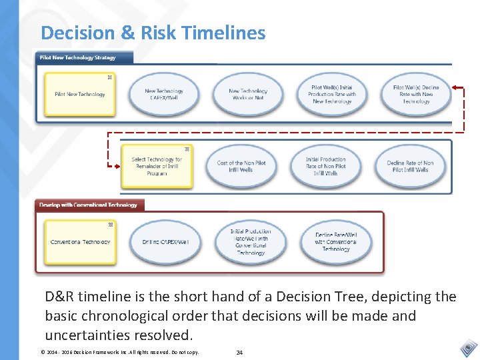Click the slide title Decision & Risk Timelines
tap(153, 33)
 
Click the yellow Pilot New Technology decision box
tap(79, 94)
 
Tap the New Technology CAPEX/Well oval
tap(164, 94)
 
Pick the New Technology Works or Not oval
tap(248, 94)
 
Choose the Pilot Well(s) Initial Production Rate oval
tap(332, 94)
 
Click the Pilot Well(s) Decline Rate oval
tap(416, 94)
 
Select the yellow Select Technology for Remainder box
tap(157, 166)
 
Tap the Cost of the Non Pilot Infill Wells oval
tap(241, 166)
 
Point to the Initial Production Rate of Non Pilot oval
tap(326, 166)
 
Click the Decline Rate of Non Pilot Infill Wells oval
tap(410, 166)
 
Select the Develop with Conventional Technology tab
tap(89, 205)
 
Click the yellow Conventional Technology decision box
tap(80, 241)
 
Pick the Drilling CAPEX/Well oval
tap(165, 241)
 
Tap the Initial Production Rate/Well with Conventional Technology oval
tap(251, 241)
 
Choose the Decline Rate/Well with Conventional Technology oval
tap(335, 241)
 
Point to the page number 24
tap(239, 352)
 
